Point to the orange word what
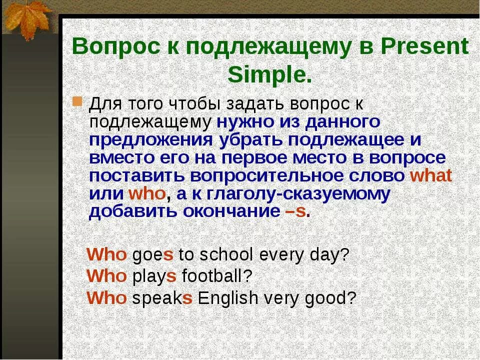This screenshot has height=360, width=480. pyautogui.click(x=430, y=175)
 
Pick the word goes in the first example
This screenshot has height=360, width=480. pyautogui.click(x=152, y=255)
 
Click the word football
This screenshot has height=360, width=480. pyautogui.click(x=216, y=276)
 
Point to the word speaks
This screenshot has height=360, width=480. pyautogui.click(x=162, y=298)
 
